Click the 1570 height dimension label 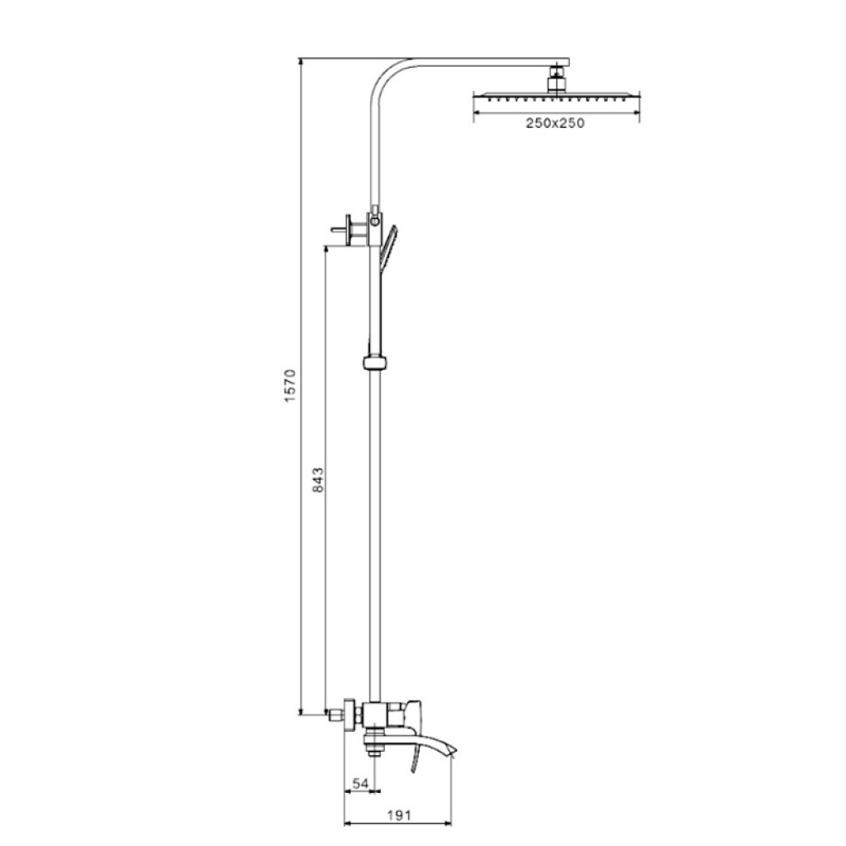click(x=290, y=386)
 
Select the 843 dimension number click(x=318, y=480)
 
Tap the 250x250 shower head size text click(x=555, y=123)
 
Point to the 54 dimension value click(x=360, y=782)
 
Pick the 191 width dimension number click(x=399, y=815)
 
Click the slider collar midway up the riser click(x=375, y=362)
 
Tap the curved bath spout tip click(x=452, y=750)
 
